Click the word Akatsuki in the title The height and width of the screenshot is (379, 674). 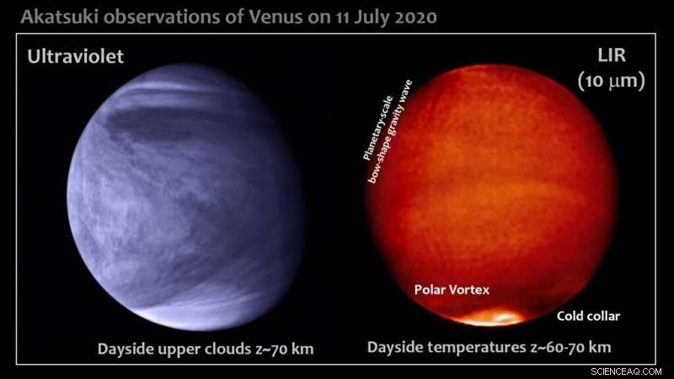60,17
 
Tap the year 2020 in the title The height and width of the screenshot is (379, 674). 415,17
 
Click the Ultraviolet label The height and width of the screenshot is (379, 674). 76,56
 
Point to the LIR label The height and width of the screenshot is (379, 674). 612,56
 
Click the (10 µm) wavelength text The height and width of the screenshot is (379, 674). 612,80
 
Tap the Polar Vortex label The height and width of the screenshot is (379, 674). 452,290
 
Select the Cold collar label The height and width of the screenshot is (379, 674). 588,317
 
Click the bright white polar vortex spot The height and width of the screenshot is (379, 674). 491,318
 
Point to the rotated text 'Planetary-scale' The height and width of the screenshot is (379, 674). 377,128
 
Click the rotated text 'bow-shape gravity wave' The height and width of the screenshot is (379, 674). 390,131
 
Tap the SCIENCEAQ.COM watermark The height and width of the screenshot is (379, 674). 626,371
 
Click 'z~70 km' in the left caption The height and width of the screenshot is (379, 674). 285,349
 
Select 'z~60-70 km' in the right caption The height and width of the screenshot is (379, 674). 571,347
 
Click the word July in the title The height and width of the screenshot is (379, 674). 372,18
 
